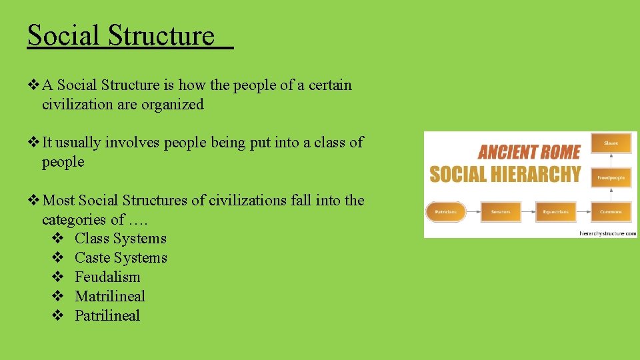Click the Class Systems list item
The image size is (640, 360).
[120, 239]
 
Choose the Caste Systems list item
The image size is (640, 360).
[121, 258]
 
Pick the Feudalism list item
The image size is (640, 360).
[107, 277]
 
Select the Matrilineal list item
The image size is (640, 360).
[109, 297]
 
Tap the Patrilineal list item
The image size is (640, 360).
[107, 316]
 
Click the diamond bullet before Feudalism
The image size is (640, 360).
[57, 277]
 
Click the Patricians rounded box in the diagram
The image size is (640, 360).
[445, 212]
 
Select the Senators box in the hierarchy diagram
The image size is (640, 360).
[500, 212]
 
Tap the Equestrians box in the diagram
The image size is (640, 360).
[555, 212]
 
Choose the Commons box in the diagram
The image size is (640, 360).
[611, 212]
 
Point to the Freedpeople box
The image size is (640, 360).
[611, 178]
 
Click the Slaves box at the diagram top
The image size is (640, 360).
[611, 143]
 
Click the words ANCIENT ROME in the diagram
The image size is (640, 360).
[529, 151]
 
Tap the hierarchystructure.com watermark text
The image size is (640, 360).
[607, 233]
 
